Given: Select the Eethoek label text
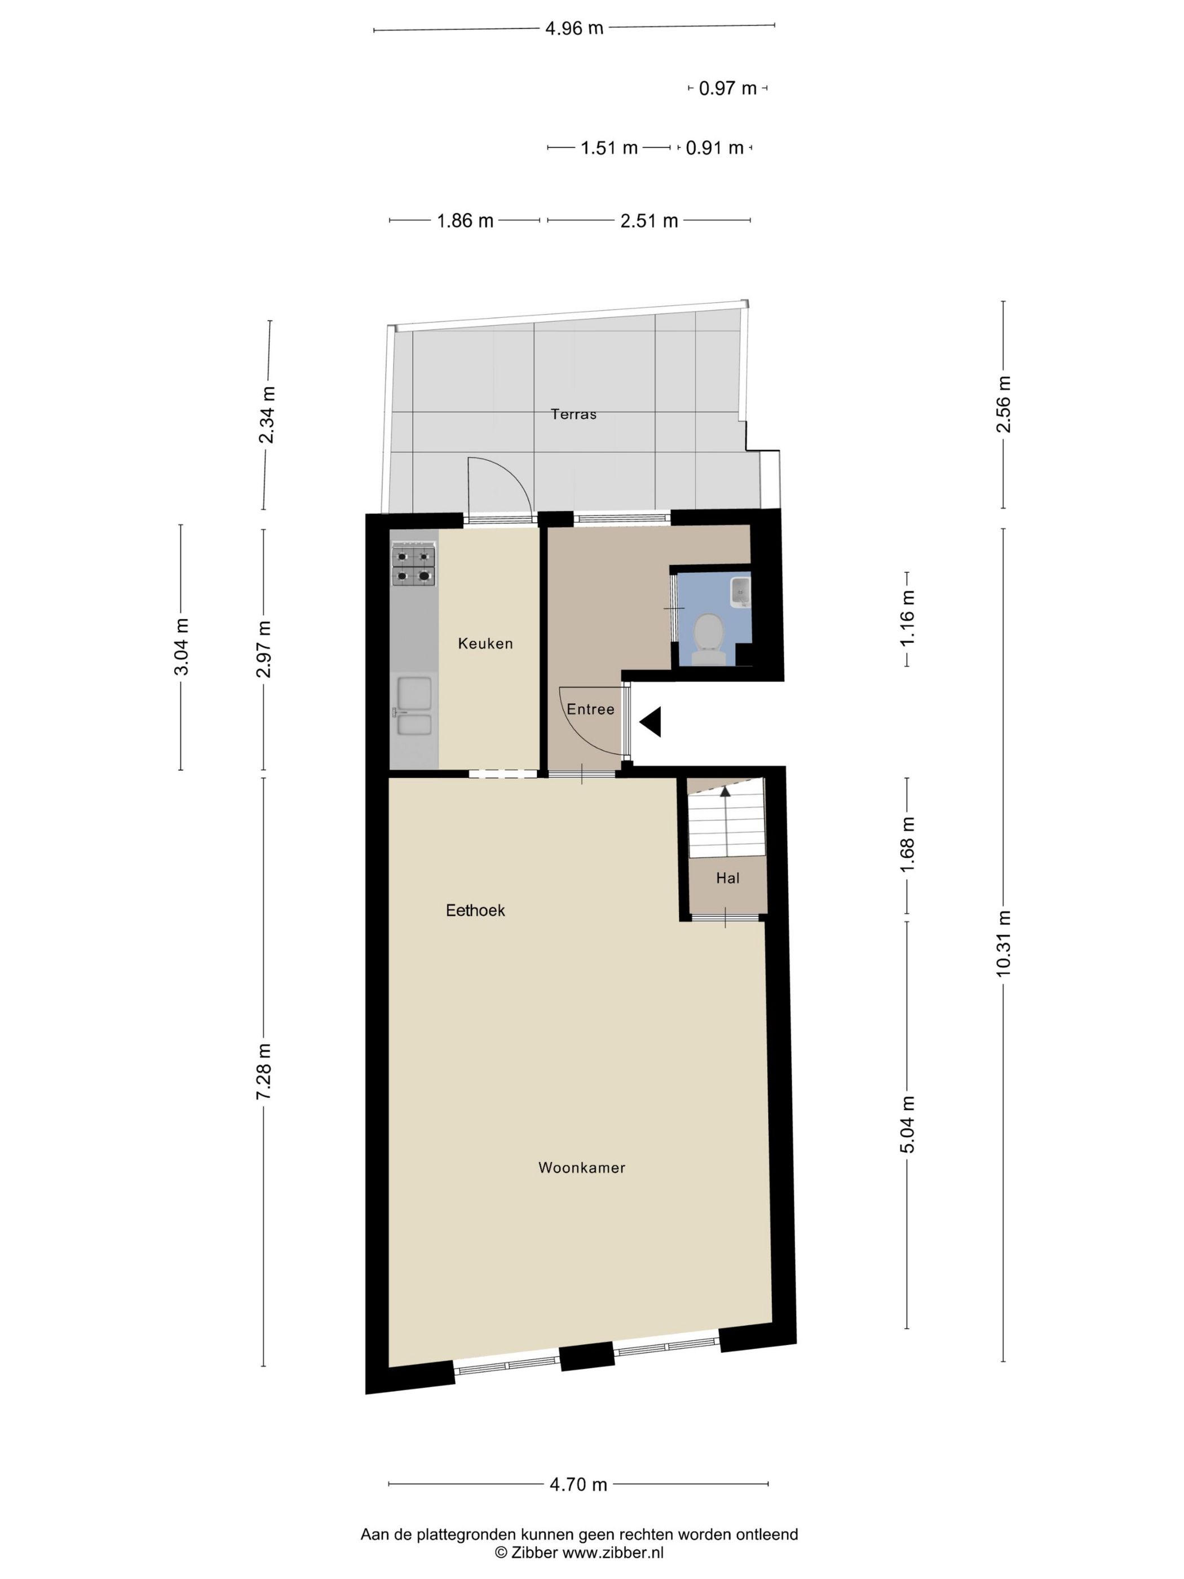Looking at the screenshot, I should [475, 910].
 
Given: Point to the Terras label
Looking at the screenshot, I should [573, 414].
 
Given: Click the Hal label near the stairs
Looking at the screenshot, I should [727, 879].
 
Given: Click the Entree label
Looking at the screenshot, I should [590, 709].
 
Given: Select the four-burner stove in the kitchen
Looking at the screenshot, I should [414, 566].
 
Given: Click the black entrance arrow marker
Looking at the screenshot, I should [652, 722].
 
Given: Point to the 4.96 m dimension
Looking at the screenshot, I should [574, 29].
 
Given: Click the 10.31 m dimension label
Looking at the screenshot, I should [1004, 943].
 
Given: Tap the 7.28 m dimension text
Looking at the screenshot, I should [264, 1071].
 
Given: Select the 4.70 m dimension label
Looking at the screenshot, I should [578, 1484].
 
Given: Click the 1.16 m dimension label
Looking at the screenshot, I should [907, 619].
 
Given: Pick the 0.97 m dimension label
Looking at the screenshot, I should [727, 89].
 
